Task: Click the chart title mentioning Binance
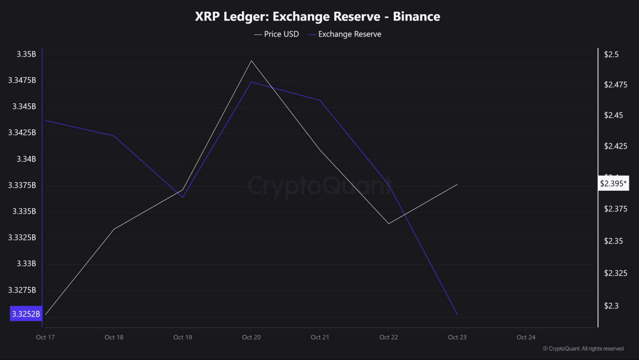(317, 17)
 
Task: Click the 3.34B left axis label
(27, 159)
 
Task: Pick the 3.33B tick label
(27, 264)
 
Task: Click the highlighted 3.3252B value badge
(26, 314)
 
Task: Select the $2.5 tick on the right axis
(612, 54)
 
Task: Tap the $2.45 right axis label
(613, 115)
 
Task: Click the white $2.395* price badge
(614, 184)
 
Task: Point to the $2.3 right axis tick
(612, 306)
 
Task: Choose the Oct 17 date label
(44, 338)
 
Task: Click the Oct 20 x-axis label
(251, 338)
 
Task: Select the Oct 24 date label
(525, 338)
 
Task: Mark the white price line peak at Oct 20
(251, 60)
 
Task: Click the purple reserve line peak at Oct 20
(251, 82)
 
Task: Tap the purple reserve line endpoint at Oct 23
(457, 315)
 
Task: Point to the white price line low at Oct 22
(389, 224)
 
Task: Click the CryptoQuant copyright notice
(583, 349)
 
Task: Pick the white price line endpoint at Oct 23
(457, 184)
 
